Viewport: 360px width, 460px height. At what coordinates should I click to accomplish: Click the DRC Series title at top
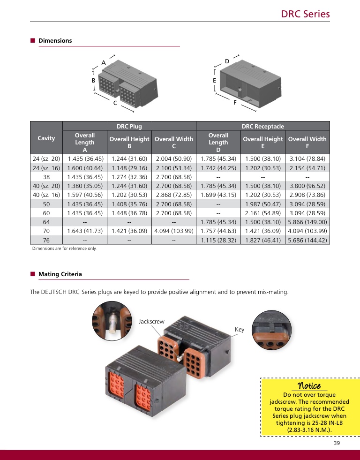pyautogui.click(x=305, y=14)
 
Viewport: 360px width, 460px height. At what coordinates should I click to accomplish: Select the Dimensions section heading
pyautogui.click(x=55, y=40)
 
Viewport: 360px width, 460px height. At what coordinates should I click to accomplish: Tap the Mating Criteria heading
pyautogui.click(x=60, y=274)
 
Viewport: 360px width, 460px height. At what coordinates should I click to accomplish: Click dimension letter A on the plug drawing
pyautogui.click(x=104, y=63)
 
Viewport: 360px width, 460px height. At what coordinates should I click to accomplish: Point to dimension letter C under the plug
pyautogui.click(x=115, y=103)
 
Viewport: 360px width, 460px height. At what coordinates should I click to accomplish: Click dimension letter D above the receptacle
pyautogui.click(x=227, y=61)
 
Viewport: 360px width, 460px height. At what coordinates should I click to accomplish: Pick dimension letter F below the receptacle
pyautogui.click(x=235, y=102)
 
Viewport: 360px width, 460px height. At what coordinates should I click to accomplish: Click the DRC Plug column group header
pyautogui.click(x=129, y=126)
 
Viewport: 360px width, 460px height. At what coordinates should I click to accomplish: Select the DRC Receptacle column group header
pyautogui.click(x=262, y=126)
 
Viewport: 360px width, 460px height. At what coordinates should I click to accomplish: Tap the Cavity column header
pyautogui.click(x=46, y=138)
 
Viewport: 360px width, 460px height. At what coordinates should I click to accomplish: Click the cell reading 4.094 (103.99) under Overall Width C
pyautogui.click(x=174, y=231)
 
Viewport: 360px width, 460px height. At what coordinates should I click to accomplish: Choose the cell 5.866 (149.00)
pyautogui.click(x=307, y=222)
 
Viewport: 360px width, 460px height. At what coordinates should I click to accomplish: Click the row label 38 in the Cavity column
pyautogui.click(x=46, y=177)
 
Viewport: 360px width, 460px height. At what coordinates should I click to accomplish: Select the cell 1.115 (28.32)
pyautogui.click(x=218, y=240)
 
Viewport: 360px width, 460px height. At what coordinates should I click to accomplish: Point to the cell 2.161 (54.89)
pyautogui.click(x=263, y=213)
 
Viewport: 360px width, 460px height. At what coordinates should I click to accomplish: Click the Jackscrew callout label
pyautogui.click(x=151, y=321)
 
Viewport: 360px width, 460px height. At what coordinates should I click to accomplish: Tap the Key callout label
pyautogui.click(x=240, y=330)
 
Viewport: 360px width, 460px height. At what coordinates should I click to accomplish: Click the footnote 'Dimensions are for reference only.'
pyautogui.click(x=64, y=249)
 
